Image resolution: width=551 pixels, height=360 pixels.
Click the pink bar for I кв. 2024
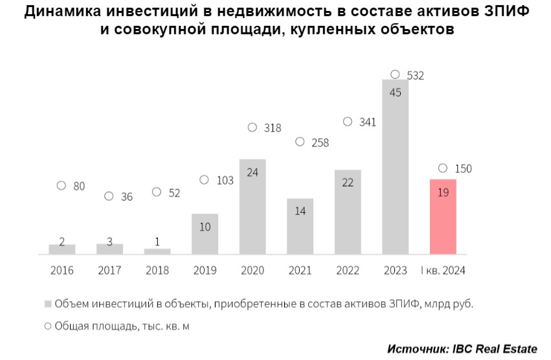pos(443,216)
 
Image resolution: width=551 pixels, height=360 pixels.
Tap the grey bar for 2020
pos(253,206)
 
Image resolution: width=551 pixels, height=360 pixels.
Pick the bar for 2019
pos(205,234)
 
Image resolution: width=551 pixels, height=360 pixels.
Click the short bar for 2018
pos(157,251)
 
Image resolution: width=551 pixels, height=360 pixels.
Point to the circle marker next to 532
pos(395,74)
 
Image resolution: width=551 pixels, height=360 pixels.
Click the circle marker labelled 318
pos(253,128)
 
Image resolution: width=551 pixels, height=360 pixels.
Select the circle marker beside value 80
pos(62,186)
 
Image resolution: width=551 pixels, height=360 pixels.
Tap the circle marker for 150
pos(443,168)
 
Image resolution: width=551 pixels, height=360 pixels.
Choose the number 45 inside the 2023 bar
pos(395,93)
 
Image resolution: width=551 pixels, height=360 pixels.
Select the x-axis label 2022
pos(348,271)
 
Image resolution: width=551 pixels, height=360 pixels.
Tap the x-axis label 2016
pos(62,271)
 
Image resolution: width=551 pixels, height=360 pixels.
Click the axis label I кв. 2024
pos(443,271)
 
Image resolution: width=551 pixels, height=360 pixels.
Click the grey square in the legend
pos(48,304)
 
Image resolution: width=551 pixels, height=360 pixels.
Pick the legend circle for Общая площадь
pos(48,327)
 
